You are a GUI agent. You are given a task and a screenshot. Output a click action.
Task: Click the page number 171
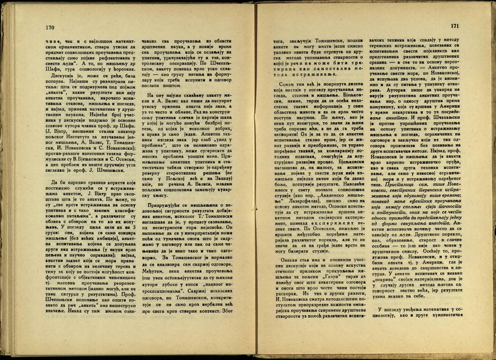pos(454,26)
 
